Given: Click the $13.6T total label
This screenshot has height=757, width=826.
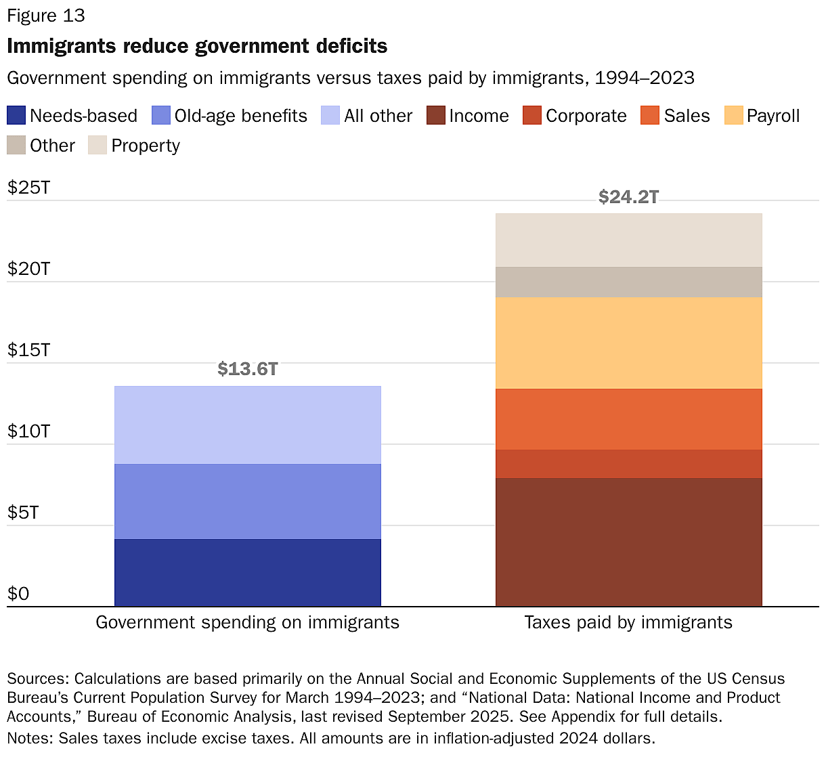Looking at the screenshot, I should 247,369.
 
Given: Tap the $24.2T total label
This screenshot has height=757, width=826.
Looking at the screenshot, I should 628,197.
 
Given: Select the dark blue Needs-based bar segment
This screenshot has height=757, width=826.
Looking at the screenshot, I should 247,572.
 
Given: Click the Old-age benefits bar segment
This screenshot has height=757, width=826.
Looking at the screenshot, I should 247,501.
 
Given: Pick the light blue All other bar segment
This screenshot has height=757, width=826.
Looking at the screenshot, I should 247,425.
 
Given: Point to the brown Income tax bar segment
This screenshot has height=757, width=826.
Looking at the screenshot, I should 628,542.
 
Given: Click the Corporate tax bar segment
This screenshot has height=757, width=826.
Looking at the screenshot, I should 628,464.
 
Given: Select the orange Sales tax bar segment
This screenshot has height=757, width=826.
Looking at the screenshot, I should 628,419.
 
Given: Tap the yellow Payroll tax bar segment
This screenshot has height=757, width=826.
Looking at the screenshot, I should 628,343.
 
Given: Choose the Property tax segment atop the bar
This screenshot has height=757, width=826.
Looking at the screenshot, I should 628,240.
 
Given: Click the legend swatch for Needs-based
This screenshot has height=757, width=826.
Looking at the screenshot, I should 16,116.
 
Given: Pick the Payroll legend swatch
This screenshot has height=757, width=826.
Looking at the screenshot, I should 733,116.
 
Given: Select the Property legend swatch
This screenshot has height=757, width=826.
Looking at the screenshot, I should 97,146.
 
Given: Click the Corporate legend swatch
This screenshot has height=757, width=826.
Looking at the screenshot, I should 532,116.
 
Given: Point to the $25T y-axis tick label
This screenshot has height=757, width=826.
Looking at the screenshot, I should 28,188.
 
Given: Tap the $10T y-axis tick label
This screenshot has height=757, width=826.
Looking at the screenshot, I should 28,431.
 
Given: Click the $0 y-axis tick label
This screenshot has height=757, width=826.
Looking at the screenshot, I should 18,594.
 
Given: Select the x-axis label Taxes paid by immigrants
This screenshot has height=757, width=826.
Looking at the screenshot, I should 628,622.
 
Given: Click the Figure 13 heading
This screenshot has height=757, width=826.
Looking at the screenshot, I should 46,16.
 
